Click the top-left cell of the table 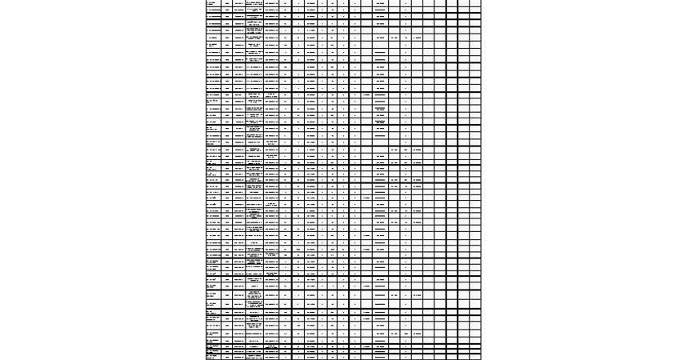click(x=214, y=3)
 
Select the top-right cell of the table click(x=475, y=3)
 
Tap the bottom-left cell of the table click(x=214, y=357)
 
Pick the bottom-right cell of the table click(x=475, y=357)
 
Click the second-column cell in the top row click(x=227, y=3)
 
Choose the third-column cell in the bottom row click(x=239, y=357)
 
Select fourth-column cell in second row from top click(x=255, y=10)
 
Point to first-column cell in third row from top click(x=214, y=17)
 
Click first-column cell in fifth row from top click(x=214, y=30)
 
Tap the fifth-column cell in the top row click(x=272, y=3)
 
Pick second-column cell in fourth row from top click(x=227, y=23)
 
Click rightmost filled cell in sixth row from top click(x=417, y=38)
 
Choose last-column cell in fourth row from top click(x=475, y=23)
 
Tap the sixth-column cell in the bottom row click(x=286, y=357)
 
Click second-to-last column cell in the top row click(x=464, y=3)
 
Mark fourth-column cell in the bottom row click(x=255, y=357)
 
